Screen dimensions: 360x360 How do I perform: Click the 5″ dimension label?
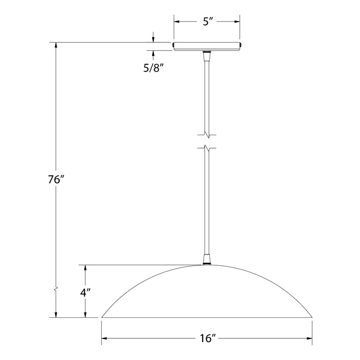pos(207,22)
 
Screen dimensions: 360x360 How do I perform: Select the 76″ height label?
pos(56,181)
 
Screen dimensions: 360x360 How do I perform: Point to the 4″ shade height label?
pos(86,293)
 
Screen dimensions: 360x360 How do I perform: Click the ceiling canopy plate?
pos(207,46)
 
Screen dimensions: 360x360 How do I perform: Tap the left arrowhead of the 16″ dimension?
pos(105,338)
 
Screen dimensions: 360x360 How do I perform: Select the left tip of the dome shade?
pos(102,317)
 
